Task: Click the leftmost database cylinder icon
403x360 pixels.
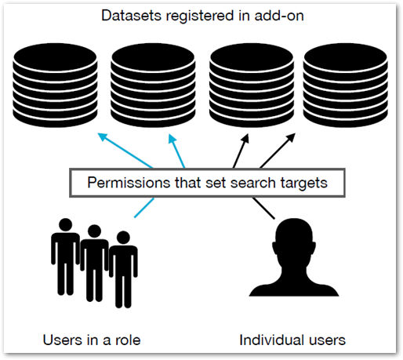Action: click(55, 85)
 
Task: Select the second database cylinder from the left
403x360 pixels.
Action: click(153, 85)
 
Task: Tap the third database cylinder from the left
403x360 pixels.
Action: click(252, 85)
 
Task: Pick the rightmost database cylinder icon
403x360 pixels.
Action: click(346, 85)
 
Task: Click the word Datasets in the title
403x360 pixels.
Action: click(131, 16)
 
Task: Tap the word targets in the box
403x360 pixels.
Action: click(304, 184)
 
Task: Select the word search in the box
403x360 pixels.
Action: click(253, 183)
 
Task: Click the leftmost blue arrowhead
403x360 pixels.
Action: click(102, 136)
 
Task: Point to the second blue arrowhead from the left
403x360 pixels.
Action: click(172, 138)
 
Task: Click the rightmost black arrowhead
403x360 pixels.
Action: click(291, 137)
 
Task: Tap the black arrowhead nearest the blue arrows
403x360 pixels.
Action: click(245, 138)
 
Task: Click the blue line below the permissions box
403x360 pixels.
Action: click(144, 208)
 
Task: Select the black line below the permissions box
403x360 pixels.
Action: click(264, 208)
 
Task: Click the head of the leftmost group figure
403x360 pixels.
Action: click(65, 225)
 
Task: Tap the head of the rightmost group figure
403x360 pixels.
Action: click(123, 238)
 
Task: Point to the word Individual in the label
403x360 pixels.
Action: click(272, 340)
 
